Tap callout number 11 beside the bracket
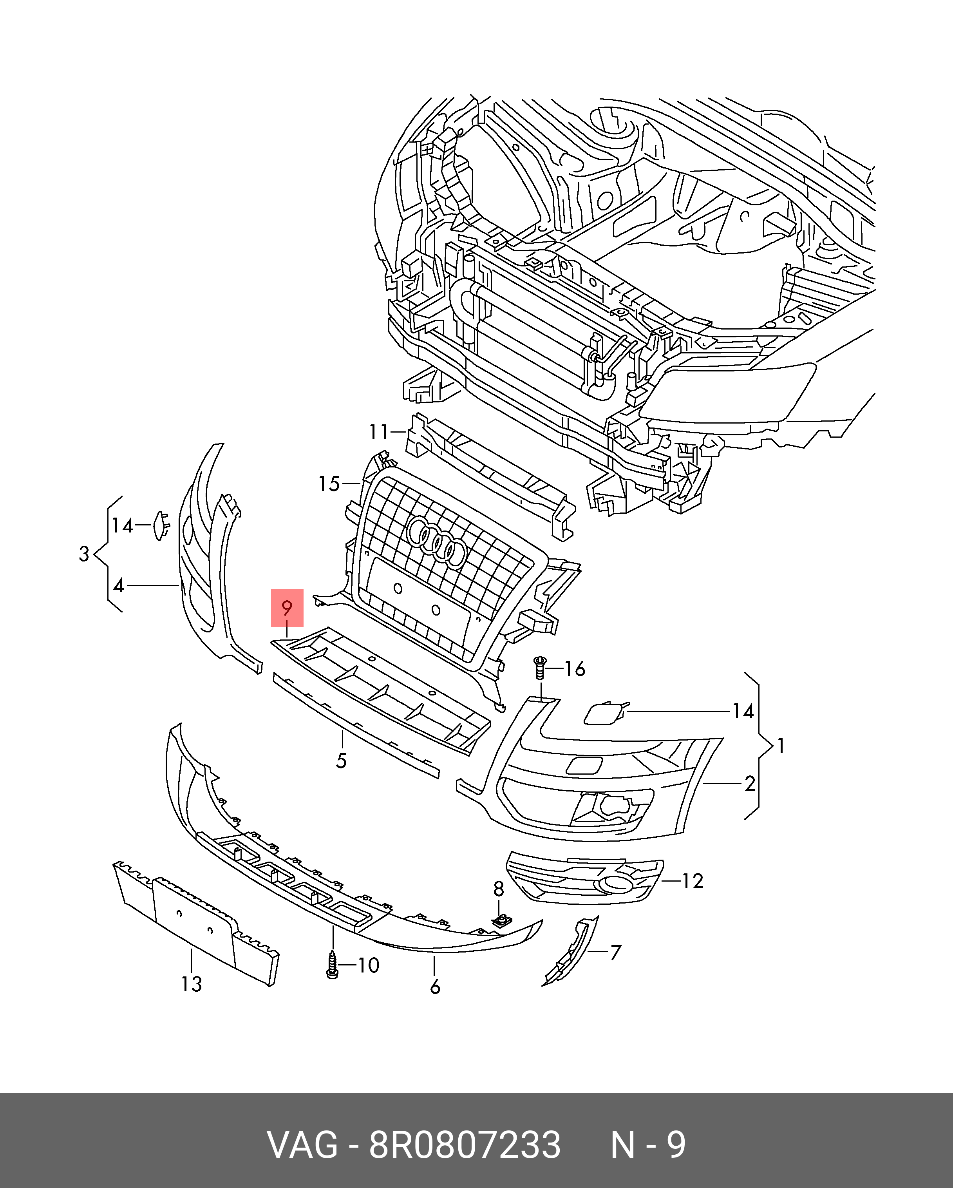[x=379, y=433]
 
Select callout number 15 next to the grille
[x=329, y=484]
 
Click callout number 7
[x=615, y=952]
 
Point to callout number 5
[x=342, y=761]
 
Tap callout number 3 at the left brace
[x=84, y=554]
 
